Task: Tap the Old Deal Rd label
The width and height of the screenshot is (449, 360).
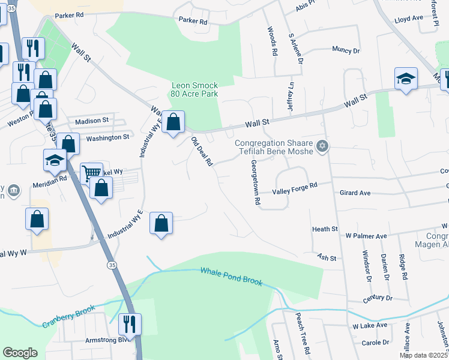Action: coord(202,151)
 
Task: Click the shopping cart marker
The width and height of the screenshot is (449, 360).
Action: coord(91,173)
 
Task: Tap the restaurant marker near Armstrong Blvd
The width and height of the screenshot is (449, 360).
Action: coord(130,324)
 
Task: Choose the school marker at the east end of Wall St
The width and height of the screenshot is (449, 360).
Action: coord(406,79)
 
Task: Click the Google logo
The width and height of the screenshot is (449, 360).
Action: coord(20,353)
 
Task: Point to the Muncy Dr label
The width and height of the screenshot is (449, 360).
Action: coord(346,51)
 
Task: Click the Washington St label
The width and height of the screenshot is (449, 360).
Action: coord(107,137)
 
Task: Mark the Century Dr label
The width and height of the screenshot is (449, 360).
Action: coord(377,298)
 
